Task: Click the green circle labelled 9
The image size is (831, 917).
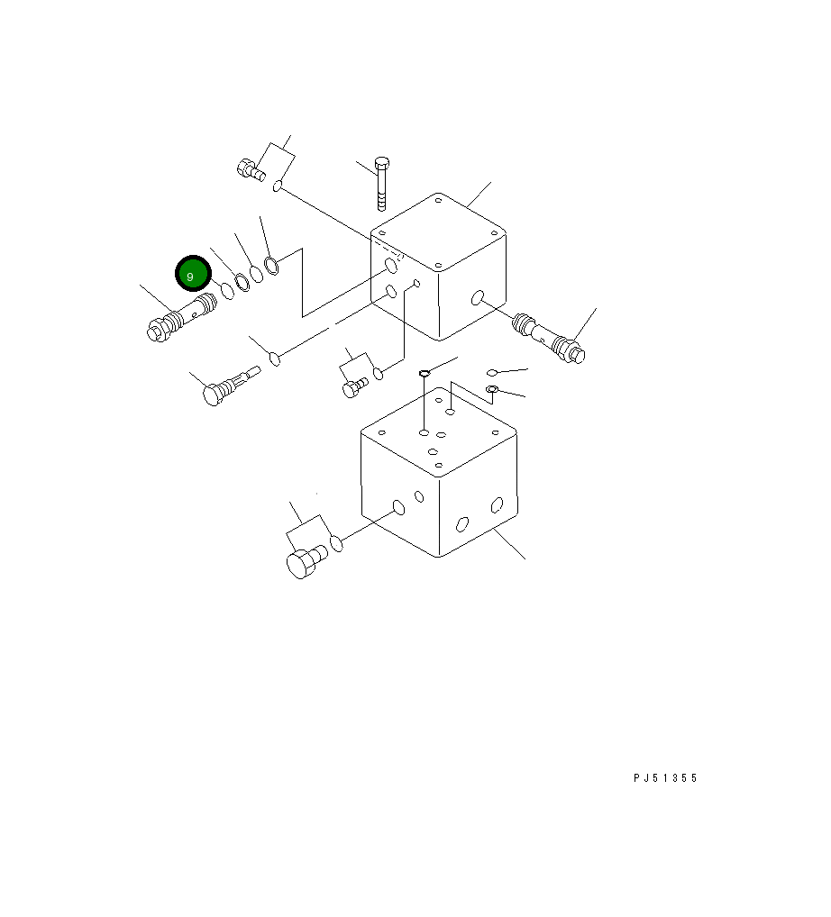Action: tap(193, 274)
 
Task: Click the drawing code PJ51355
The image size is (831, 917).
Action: tap(665, 778)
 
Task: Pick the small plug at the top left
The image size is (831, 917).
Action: tap(250, 168)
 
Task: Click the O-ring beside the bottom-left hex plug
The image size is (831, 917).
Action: tap(336, 543)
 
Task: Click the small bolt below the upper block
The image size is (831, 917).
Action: tap(354, 386)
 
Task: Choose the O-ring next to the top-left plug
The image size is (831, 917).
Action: tap(279, 186)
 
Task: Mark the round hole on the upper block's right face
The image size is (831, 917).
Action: tap(477, 298)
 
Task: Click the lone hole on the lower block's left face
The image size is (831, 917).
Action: tap(397, 510)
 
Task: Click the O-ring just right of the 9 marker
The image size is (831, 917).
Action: tap(227, 291)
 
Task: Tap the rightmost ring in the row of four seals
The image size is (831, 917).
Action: tap(272, 265)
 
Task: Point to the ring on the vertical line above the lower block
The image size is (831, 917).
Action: tap(424, 373)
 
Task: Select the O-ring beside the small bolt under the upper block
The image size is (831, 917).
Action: tap(379, 373)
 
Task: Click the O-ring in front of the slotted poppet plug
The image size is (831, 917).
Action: tap(276, 359)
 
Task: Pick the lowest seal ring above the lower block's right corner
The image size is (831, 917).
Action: tap(492, 389)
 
